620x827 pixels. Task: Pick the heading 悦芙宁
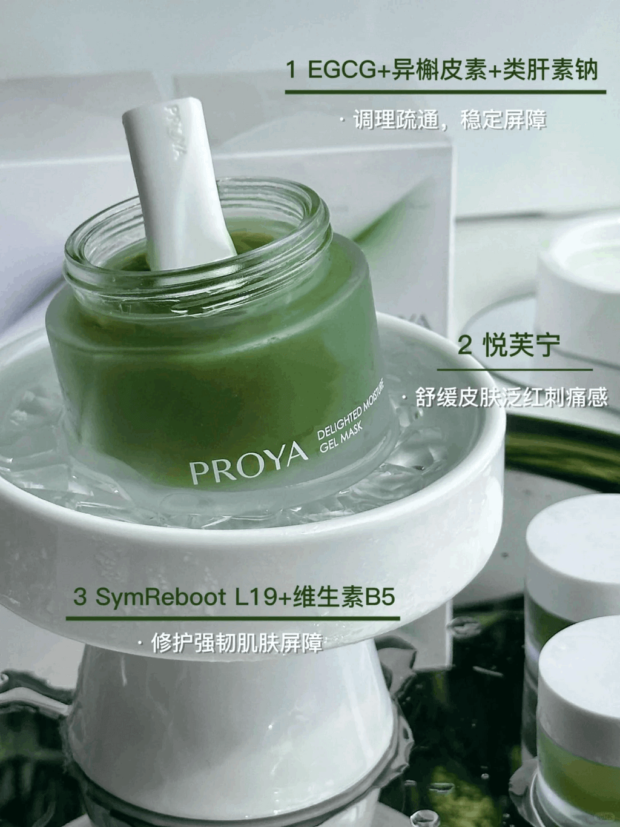coord(521,346)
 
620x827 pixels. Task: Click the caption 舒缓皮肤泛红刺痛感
coord(511,398)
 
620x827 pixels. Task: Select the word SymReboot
coord(161,597)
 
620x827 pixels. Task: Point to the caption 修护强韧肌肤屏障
coord(237,643)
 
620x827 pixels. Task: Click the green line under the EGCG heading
coord(445,92)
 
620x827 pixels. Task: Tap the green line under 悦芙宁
coord(515,369)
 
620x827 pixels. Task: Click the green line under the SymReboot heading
coord(232,619)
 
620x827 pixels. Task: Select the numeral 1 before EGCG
coord(291,70)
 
